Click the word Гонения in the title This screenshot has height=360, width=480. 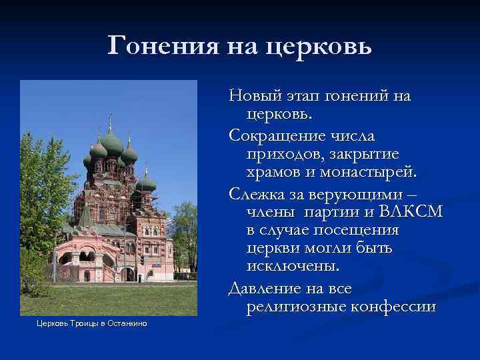[159, 45]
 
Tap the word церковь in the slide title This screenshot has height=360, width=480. [318, 47]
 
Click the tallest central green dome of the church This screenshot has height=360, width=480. [111, 143]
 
